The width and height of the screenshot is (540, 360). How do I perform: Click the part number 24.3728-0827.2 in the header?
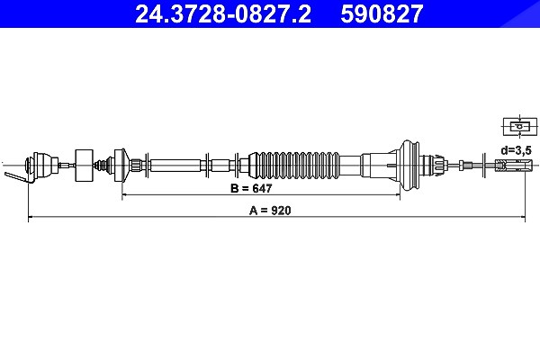(x=223, y=13)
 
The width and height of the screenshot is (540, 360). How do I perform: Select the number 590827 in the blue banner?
(x=382, y=13)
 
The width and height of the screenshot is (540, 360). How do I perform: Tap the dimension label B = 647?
(x=251, y=188)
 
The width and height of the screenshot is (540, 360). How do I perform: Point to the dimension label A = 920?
(x=270, y=210)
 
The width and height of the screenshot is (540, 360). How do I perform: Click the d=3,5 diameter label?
(x=517, y=150)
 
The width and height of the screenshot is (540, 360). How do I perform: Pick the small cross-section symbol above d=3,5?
(x=520, y=126)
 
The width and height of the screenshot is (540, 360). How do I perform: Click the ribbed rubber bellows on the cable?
(x=293, y=166)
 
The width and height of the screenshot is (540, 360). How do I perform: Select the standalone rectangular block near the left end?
(x=84, y=166)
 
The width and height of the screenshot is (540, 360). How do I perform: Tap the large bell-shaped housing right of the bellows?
(x=408, y=166)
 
